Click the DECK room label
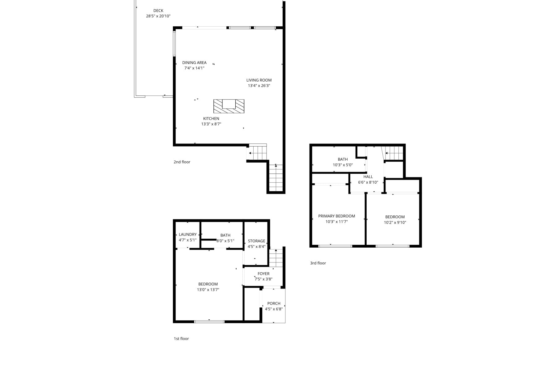[158, 11]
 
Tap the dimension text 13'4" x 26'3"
[259, 86]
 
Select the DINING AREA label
[194, 62]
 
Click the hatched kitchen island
[229, 106]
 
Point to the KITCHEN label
[211, 118]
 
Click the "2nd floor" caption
[182, 162]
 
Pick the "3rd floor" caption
[318, 263]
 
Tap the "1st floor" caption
[181, 339]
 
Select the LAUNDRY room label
[187, 234]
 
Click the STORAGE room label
[256, 241]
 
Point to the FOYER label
[263, 274]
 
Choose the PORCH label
[274, 303]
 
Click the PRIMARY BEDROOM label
[337, 216]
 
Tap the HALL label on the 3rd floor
[368, 177]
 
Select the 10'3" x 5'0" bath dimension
[343, 165]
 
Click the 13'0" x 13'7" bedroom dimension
[208, 290]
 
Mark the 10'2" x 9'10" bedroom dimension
[395, 222]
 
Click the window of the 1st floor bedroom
[209, 322]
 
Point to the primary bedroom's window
[335, 246]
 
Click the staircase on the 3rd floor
[394, 153]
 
